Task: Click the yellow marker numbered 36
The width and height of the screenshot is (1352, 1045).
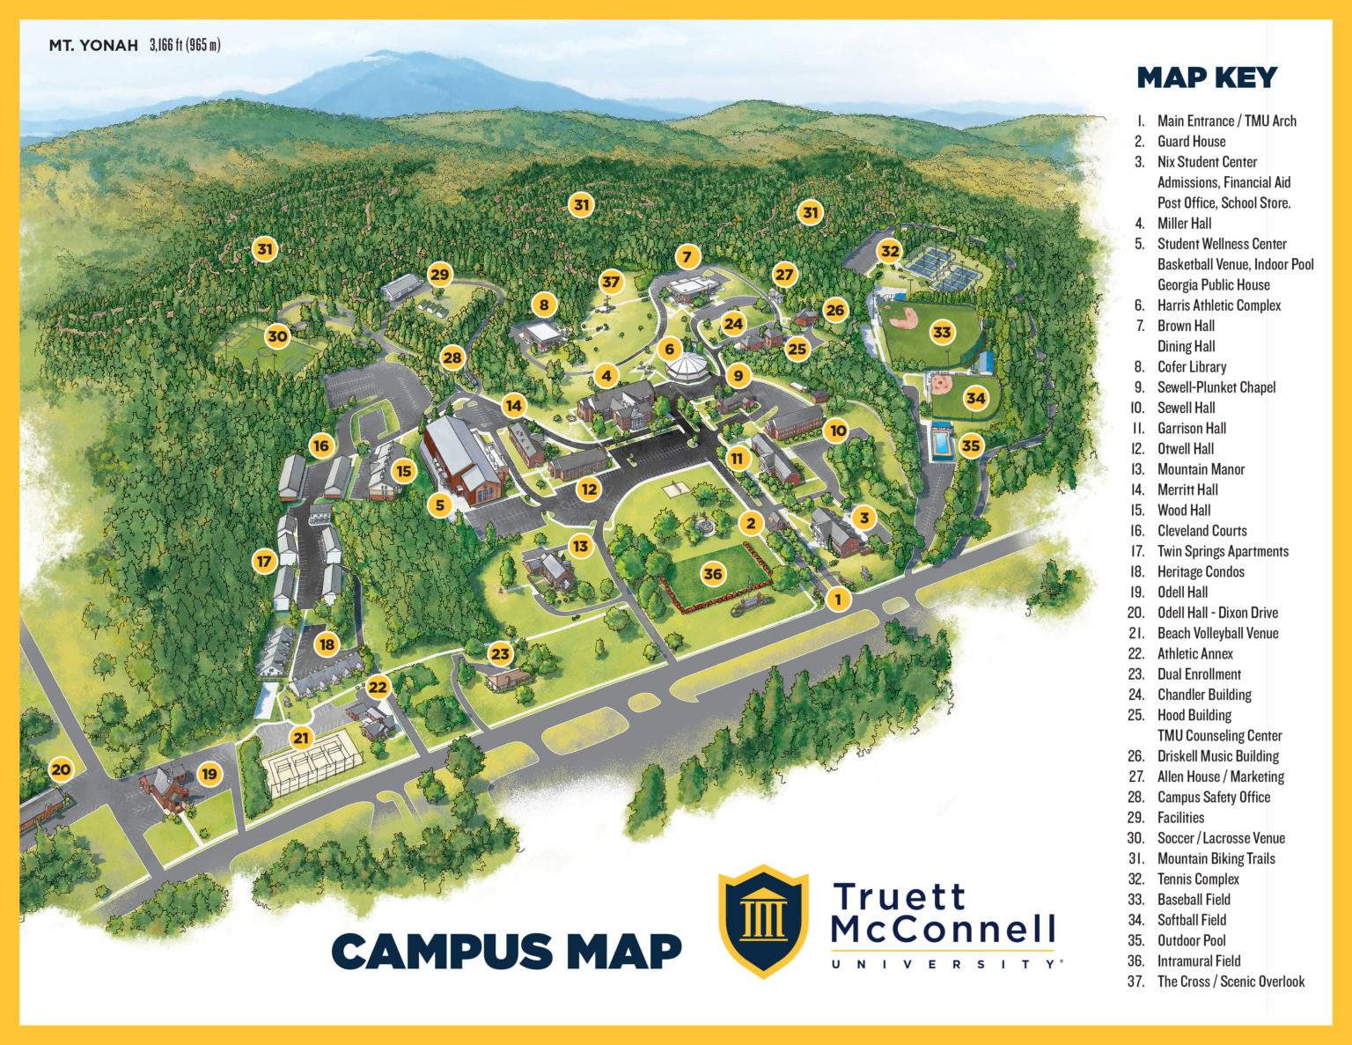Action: (713, 574)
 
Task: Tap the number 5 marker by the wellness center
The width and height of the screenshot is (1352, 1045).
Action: (440, 504)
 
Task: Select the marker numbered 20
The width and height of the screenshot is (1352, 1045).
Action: (61, 769)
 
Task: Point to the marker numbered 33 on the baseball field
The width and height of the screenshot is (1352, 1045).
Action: (942, 332)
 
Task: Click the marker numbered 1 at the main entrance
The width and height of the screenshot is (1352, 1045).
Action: (838, 599)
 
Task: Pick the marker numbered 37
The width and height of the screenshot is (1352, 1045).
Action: (611, 282)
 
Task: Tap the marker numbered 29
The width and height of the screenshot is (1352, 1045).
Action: (439, 274)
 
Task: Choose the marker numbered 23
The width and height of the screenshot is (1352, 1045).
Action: (500, 653)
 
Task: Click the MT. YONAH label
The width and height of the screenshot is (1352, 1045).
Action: (93, 45)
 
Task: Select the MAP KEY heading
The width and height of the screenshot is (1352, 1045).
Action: (1207, 77)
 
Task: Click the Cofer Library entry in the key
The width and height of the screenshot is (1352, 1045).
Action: (1191, 366)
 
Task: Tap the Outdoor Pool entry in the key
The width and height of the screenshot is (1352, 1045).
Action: (1191, 940)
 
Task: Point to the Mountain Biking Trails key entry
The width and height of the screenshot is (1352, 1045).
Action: (1216, 858)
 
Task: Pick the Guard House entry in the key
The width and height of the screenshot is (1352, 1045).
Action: (1191, 141)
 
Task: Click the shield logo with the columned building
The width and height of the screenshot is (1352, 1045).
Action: (763, 921)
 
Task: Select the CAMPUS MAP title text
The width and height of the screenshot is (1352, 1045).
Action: (506, 951)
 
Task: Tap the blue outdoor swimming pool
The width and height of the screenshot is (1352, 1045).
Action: (942, 441)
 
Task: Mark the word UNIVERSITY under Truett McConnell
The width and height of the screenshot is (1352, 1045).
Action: (946, 964)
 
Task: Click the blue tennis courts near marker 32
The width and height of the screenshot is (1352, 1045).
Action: (938, 269)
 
